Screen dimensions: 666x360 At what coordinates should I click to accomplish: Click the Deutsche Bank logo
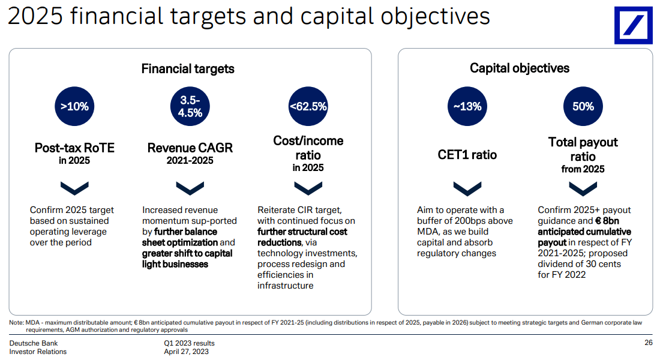tap(633, 25)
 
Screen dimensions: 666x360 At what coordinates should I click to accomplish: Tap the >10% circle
tap(74, 106)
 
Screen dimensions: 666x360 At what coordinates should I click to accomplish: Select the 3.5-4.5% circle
tap(190, 106)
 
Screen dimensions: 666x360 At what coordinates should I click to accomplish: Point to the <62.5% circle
tap(308, 106)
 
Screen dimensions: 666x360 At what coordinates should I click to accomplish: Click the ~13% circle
tap(467, 106)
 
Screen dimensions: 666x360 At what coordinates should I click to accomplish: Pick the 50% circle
tap(583, 106)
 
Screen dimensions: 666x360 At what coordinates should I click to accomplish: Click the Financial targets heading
tap(188, 69)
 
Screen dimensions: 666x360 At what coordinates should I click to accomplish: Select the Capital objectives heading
tap(520, 68)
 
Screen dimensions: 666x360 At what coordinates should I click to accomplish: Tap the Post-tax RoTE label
tap(74, 148)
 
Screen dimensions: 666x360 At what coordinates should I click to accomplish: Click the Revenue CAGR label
tap(190, 148)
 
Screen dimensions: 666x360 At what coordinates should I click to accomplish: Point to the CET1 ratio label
tap(467, 155)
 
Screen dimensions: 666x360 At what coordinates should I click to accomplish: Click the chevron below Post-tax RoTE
tap(74, 188)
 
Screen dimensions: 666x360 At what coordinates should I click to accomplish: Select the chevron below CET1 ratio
tap(467, 188)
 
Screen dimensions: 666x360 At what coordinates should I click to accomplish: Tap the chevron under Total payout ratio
tap(583, 188)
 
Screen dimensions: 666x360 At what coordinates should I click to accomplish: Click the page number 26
tap(648, 343)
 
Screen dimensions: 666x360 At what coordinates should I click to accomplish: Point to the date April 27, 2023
tap(186, 352)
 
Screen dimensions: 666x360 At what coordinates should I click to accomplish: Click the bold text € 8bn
tap(607, 221)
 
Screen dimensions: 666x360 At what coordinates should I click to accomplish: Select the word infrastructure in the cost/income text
tap(285, 286)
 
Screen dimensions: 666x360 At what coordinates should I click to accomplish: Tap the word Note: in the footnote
tap(17, 323)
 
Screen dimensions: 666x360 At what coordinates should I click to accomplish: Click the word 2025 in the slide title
tap(35, 16)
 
